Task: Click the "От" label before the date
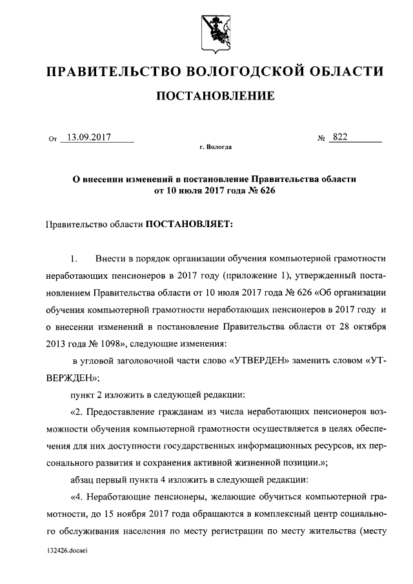[x=52, y=137]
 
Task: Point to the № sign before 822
[x=321, y=137]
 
